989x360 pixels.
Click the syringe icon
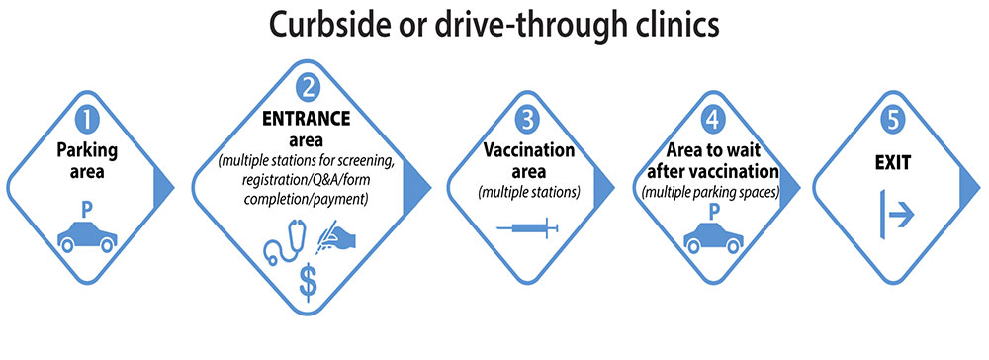(528, 228)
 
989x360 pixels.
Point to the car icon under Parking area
(88, 237)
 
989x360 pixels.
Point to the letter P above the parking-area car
(88, 212)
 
